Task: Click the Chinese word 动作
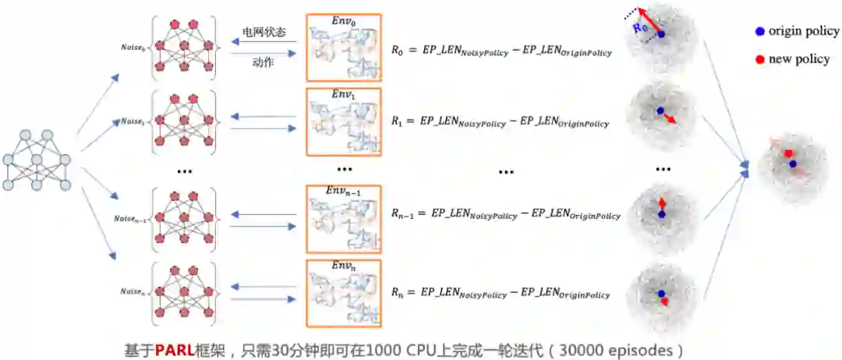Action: click(263, 62)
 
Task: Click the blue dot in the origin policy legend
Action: click(759, 32)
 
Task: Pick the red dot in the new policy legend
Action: click(759, 59)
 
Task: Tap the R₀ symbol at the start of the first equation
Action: click(398, 51)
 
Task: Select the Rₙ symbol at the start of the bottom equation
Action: click(398, 294)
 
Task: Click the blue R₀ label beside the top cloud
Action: click(641, 29)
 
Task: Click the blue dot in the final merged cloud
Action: click(792, 164)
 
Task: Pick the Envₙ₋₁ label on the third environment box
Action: click(343, 191)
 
